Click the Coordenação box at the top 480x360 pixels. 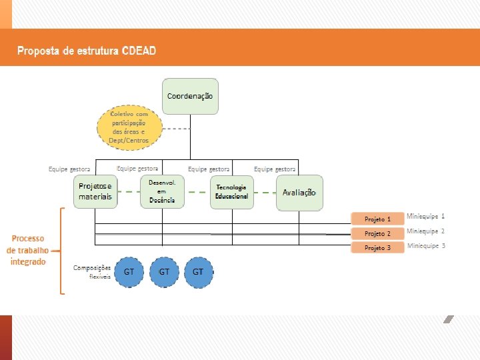(x=190, y=96)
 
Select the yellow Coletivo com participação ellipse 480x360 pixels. (x=129, y=127)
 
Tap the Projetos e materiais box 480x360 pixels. (x=95, y=192)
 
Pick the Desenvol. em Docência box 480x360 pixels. (x=162, y=192)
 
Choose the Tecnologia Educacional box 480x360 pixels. (x=231, y=192)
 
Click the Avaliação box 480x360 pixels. (x=299, y=192)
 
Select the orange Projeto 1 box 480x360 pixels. (x=378, y=219)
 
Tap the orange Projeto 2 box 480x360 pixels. (x=378, y=233)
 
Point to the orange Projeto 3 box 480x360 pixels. (x=378, y=248)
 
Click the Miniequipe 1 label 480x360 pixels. (x=426, y=217)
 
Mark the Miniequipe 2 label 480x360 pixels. (x=426, y=231)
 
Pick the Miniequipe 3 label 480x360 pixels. (x=426, y=246)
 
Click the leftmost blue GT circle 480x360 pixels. (x=129, y=272)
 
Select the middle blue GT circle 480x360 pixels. (x=163, y=272)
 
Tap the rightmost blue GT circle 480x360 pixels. (x=198, y=272)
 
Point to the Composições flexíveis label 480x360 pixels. (x=92, y=271)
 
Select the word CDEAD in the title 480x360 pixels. (x=139, y=51)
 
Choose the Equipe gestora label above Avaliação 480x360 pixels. (x=275, y=169)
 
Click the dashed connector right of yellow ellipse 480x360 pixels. (x=177, y=128)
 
